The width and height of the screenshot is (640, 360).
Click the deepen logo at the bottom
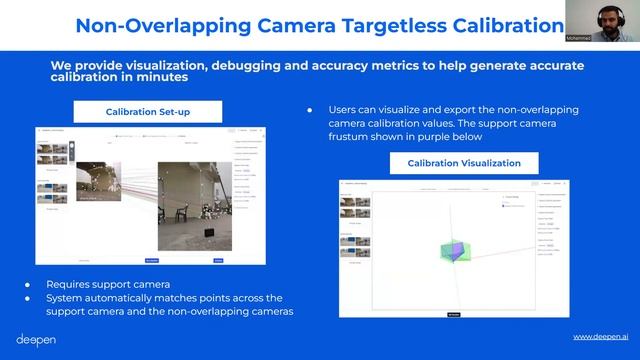(x=35, y=339)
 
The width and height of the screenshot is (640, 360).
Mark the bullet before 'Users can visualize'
(x=310, y=109)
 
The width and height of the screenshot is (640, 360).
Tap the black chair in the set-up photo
(x=208, y=233)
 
